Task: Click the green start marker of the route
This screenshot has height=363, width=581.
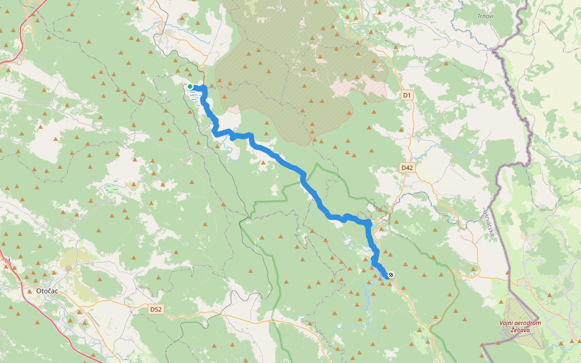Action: point(190,87)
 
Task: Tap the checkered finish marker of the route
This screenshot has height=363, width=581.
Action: point(392,275)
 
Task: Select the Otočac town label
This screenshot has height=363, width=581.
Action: point(47,290)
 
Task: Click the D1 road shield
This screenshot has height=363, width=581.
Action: point(407,95)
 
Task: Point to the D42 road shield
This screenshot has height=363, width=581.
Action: point(407,168)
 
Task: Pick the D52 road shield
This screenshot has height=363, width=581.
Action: point(156,309)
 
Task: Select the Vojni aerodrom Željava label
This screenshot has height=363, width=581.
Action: point(520,326)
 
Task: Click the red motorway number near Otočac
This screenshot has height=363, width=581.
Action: point(8,261)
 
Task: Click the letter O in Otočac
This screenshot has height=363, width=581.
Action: point(39,290)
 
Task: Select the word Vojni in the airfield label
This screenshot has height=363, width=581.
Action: point(507,322)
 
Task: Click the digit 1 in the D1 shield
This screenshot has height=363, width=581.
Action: point(409,95)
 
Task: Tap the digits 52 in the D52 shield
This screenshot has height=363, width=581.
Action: point(159,309)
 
